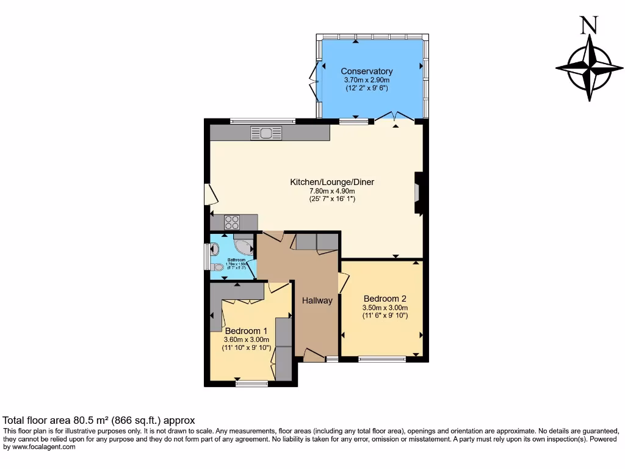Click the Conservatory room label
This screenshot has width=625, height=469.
(366, 71)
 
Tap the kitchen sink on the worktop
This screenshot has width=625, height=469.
(266, 133)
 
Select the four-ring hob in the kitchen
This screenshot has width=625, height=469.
(233, 221)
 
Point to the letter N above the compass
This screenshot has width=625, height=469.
(588, 25)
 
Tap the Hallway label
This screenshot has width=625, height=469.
(317, 300)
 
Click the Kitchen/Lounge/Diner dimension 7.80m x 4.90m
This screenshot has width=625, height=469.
(332, 191)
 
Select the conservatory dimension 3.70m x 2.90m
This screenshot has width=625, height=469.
(366, 80)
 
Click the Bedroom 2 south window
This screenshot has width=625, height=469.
(382, 359)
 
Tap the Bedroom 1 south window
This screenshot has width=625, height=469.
(251, 384)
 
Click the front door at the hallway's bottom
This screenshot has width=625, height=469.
(314, 355)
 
